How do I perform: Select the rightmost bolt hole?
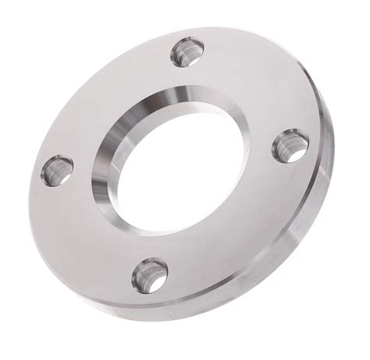(x=290, y=145)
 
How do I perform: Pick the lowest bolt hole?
(x=150, y=274)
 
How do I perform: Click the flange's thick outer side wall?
(x=312, y=226)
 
